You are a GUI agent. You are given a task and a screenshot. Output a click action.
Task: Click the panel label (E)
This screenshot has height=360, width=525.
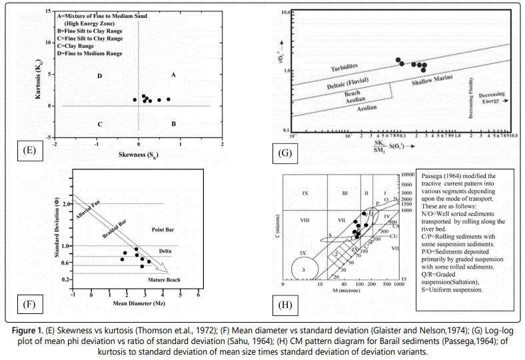[28, 150]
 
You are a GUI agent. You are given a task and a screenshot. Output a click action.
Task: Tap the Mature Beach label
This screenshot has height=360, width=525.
[164, 279]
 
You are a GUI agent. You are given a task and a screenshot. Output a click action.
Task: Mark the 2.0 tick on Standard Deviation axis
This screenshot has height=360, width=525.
[66, 203]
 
